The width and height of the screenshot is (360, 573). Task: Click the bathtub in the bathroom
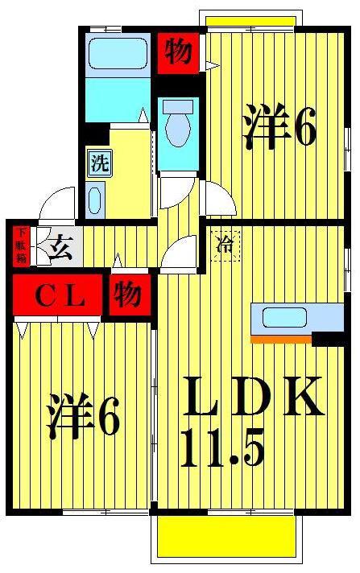[x=117, y=53]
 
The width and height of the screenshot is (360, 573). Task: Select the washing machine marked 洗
[x=99, y=163]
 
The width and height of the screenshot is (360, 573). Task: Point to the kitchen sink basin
[x=284, y=317]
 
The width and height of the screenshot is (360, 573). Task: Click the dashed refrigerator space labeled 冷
[x=225, y=246]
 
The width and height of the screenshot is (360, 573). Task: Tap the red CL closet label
[x=58, y=295]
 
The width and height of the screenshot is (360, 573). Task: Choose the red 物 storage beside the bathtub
[x=178, y=52]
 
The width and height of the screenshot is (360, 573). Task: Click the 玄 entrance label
[x=60, y=248]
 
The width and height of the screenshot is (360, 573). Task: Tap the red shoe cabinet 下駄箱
[x=21, y=246]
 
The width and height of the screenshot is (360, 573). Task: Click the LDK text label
[x=254, y=397]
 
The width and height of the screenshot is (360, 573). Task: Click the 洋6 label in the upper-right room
[x=279, y=126]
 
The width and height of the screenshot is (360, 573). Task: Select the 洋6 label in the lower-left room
[x=83, y=415]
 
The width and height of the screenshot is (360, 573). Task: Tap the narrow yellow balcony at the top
[x=250, y=21]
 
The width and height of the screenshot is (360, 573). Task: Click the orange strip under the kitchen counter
[x=281, y=339]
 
